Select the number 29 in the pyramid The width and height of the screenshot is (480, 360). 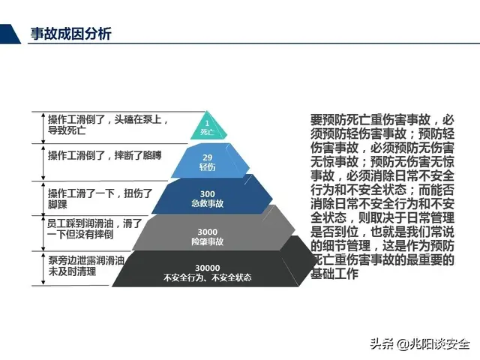[x=208, y=156]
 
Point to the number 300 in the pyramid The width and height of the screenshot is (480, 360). [x=207, y=193]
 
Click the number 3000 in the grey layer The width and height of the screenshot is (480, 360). [x=207, y=232]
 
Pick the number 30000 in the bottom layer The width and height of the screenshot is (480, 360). [x=207, y=268]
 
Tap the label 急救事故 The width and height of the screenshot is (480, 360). [x=207, y=203]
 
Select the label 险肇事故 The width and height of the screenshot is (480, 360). [x=207, y=241]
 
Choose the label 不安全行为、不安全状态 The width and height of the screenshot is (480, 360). [x=207, y=278]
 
